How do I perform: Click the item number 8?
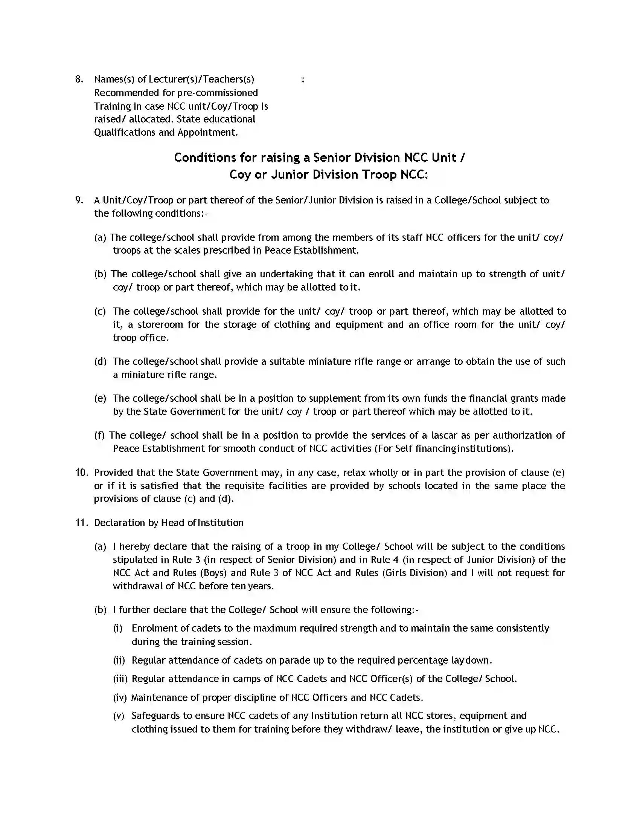click(x=79, y=80)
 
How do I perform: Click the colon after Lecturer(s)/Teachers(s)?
click(x=303, y=80)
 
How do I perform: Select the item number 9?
click(x=79, y=200)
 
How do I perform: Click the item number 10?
click(x=82, y=473)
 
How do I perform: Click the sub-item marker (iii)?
click(x=120, y=679)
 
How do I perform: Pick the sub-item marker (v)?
click(x=119, y=716)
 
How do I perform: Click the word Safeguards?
click(x=155, y=716)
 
